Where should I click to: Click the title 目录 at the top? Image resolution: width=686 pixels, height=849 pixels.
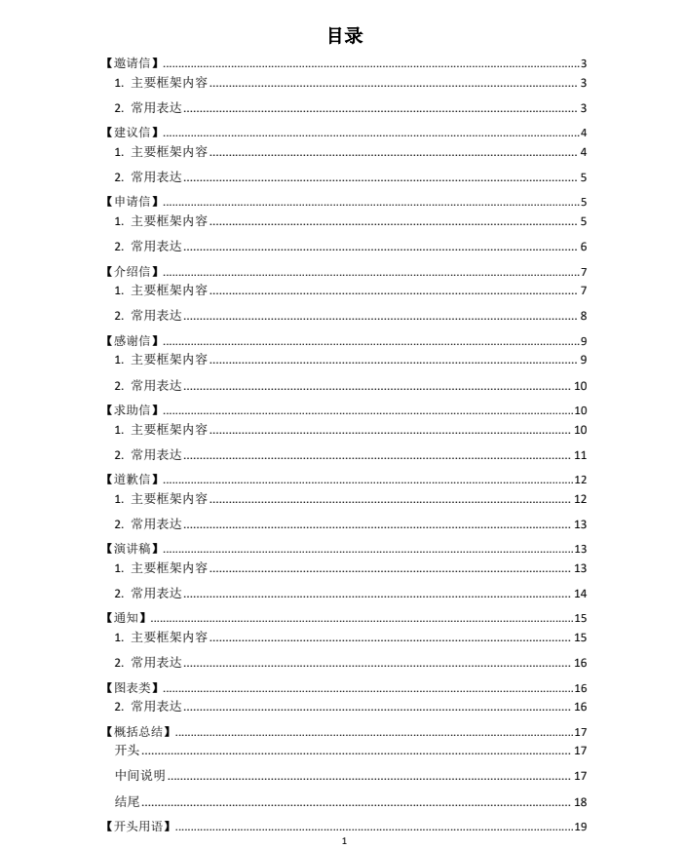pos(344,36)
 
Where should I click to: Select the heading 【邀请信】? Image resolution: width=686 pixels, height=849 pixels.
pos(133,63)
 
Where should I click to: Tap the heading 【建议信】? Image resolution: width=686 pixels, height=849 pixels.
pos(133,133)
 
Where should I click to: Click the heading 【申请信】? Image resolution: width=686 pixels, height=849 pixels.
pos(133,202)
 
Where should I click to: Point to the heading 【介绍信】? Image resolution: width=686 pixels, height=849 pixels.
pos(133,271)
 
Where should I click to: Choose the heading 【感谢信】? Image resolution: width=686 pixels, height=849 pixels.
pos(133,340)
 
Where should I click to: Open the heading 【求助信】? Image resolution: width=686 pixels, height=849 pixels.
pos(133,410)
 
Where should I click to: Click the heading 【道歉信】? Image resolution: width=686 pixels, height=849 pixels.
pos(133,480)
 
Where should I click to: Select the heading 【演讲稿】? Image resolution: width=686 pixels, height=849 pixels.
pos(133,549)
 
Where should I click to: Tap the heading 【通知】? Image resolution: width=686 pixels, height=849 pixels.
pos(126,618)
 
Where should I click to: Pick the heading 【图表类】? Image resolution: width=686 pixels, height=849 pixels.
pos(133,687)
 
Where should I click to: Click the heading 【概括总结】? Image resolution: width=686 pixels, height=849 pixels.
pos(138,732)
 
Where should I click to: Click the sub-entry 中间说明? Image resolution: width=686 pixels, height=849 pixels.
pos(140,776)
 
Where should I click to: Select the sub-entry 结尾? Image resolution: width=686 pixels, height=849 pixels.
pos(128,802)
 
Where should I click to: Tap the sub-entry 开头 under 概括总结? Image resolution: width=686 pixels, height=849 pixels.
pos(128,751)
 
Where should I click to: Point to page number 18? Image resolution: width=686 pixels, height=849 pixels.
pos(580,802)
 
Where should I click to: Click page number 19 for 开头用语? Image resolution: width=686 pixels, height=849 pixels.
pos(580,828)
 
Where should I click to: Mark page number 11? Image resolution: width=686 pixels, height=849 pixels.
pos(580,455)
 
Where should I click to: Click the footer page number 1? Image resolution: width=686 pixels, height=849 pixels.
pos(344,841)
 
